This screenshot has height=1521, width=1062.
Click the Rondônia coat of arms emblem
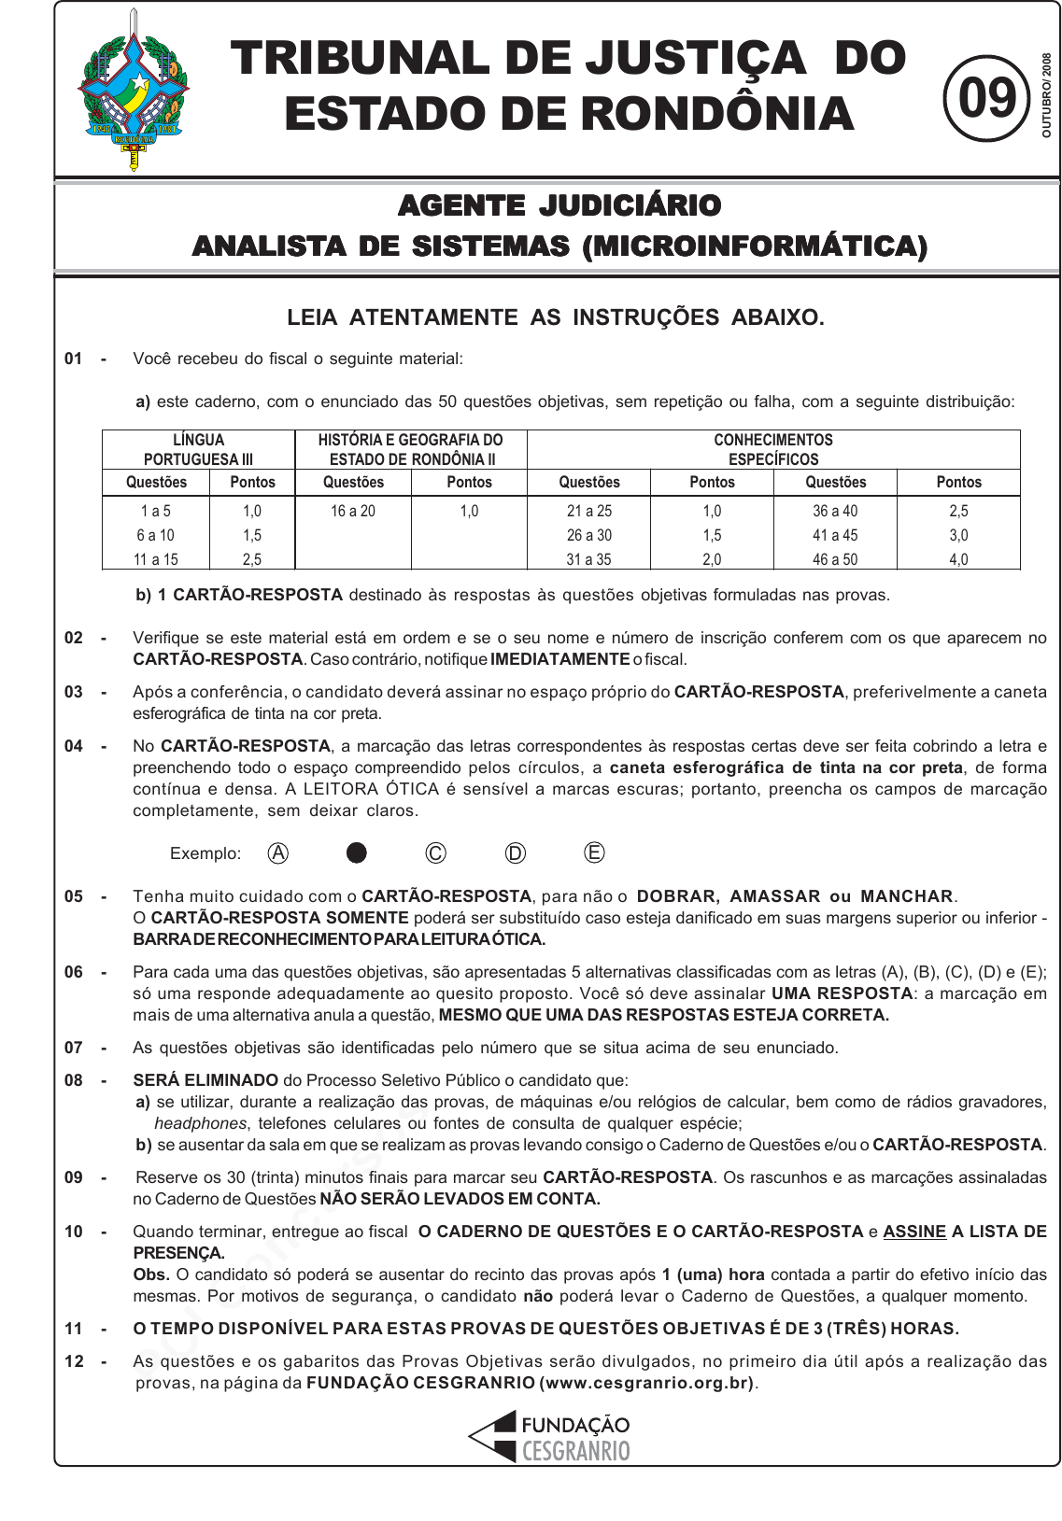pos(135,91)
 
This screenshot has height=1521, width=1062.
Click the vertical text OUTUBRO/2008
pos(1047,95)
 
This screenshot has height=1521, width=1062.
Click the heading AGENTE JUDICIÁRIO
pos(559,205)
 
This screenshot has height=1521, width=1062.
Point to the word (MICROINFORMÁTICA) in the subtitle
pos(755,246)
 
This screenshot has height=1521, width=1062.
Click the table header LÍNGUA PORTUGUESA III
pos(198,449)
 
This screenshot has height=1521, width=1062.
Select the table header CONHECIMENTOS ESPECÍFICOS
pos(773,449)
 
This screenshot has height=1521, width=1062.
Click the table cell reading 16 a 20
pos(353,511)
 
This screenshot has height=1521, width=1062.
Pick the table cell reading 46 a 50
pos(835,559)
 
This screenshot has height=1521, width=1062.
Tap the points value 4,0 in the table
pos(958,559)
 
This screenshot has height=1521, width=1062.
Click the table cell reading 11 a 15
pos(156,559)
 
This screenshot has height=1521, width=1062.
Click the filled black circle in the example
pos(357,852)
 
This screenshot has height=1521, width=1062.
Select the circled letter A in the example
pos(278,852)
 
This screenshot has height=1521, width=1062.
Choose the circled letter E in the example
pos(594,852)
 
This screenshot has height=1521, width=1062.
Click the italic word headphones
pos(201,1123)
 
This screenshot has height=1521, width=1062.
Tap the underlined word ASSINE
pos(914,1232)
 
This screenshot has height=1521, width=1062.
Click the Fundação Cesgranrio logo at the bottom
pos(549,1437)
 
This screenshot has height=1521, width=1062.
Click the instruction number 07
pos(74,1048)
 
